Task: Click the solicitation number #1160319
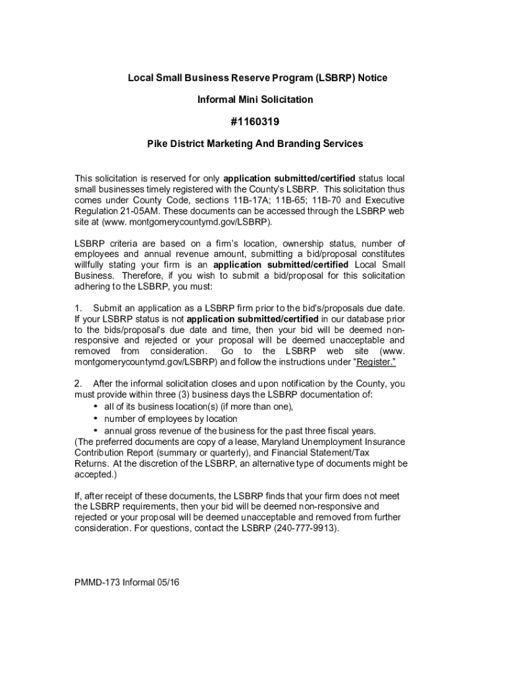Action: click(255, 121)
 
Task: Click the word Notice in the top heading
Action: click(371, 78)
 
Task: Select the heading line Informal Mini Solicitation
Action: click(255, 100)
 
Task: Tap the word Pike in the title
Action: click(157, 143)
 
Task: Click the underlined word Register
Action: click(375, 362)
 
